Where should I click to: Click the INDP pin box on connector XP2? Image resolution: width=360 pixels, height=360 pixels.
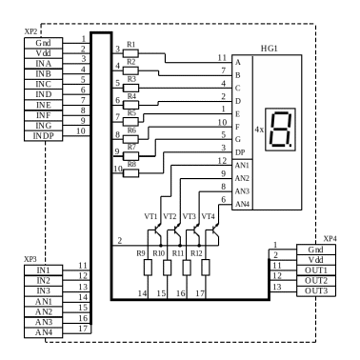click(44, 136)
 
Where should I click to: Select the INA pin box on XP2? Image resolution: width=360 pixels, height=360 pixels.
click(44, 64)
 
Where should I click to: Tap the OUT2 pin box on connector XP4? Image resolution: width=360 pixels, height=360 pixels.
click(316, 281)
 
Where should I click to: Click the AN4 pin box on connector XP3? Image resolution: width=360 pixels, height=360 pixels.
click(44, 332)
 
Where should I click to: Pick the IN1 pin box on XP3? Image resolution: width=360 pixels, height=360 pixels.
click(44, 270)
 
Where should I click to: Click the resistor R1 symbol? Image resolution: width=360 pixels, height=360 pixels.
click(130, 53)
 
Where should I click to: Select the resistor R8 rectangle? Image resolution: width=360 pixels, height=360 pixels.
click(130, 173)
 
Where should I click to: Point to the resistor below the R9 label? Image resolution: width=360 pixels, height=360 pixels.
click(148, 268)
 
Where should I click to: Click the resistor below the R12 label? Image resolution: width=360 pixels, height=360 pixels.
click(206, 268)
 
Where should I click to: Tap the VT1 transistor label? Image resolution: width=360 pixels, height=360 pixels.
click(150, 216)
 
